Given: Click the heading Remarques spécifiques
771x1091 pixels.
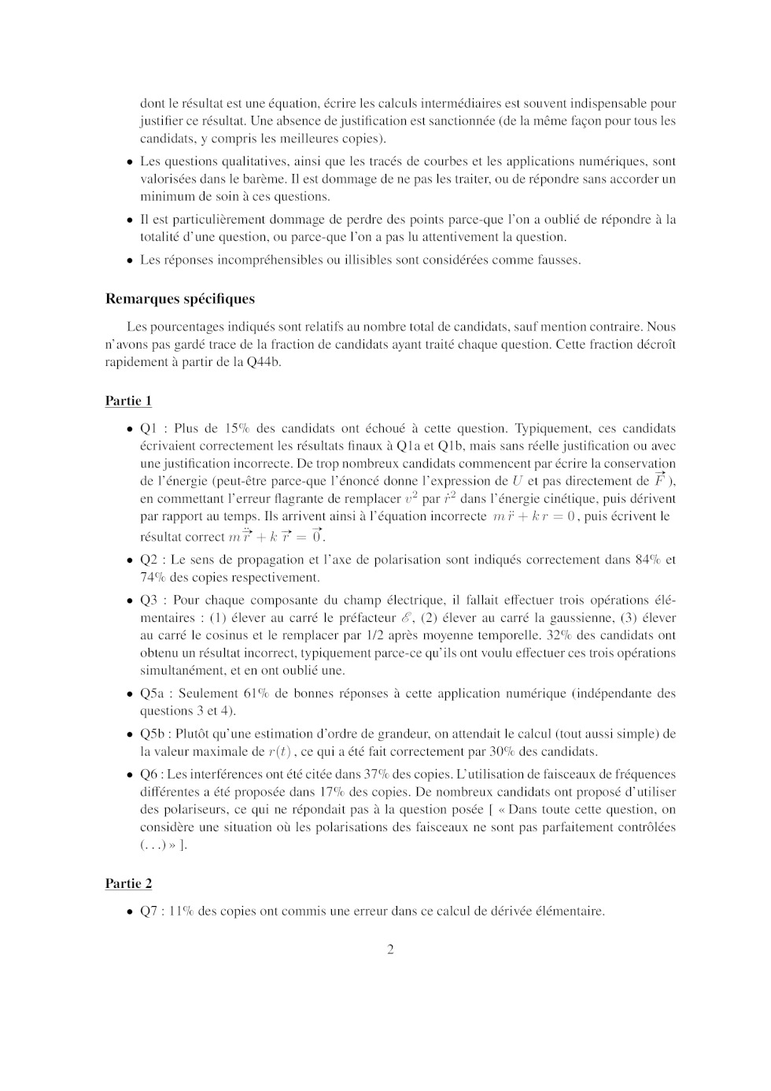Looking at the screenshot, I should click(x=179, y=299).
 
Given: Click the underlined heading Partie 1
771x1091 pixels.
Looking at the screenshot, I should click(x=128, y=401).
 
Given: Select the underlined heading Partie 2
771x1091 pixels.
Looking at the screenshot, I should click(x=128, y=884).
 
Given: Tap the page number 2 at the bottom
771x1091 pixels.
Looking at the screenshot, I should click(x=390, y=949).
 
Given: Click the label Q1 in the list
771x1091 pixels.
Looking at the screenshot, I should click(x=149, y=429).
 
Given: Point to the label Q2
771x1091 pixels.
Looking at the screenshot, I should click(x=149, y=560).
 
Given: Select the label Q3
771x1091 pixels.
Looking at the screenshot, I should click(x=149, y=600).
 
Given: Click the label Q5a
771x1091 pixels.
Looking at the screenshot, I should click(x=152, y=693).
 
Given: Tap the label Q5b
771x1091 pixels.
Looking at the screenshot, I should click(x=153, y=734).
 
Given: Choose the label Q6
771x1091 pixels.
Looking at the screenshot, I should click(x=149, y=775).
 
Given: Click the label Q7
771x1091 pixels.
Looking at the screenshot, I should click(x=149, y=912).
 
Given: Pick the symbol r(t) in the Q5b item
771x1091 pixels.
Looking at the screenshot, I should click(x=279, y=752).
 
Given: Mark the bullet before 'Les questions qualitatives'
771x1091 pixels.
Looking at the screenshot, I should click(x=130, y=162).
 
